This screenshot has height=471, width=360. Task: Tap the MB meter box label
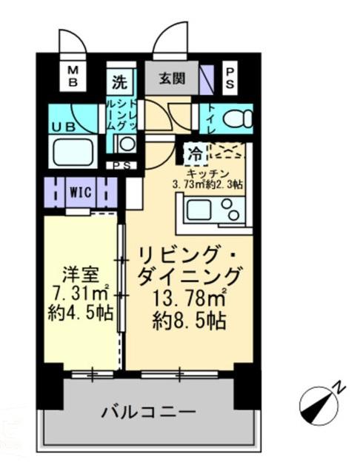73,76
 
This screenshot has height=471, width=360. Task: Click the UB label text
63,126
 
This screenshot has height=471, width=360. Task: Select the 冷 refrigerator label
195,155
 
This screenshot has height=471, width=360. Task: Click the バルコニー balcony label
148,411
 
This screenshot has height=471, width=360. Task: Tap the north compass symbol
320,402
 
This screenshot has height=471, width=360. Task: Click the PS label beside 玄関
230,77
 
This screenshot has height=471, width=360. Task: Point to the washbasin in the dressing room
127,144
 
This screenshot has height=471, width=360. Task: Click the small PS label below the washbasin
121,166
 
